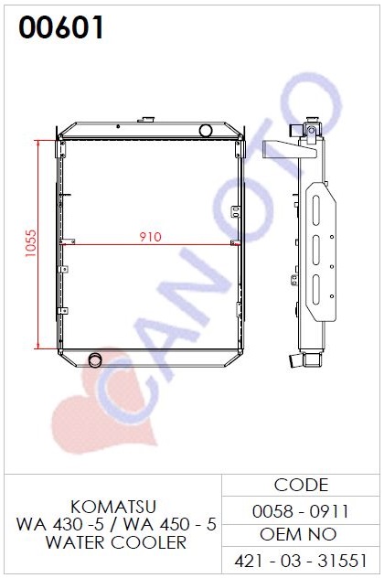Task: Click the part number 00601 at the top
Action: (61, 27)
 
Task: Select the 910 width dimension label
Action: (150, 237)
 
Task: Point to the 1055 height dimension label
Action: (31, 243)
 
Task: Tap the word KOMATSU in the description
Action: (113, 507)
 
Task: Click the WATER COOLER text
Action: (116, 542)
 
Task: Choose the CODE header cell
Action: (301, 485)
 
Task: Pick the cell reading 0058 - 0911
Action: (301, 511)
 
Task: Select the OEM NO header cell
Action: (298, 534)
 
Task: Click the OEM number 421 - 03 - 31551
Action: (301, 561)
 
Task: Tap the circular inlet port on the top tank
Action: (206, 131)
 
